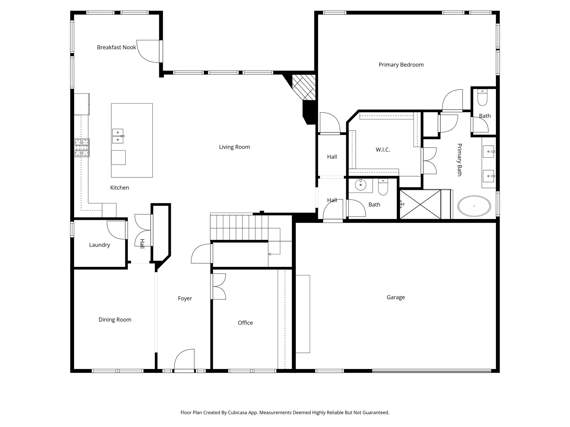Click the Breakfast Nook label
pos(116,48)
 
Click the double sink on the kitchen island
pos(118,136)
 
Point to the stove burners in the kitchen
pos(82,148)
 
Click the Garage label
pos(395,297)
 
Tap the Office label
pos(245,323)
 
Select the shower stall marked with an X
pos(420,204)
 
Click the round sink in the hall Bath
pos(361,185)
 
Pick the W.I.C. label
pos(383,150)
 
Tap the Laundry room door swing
pos(116,230)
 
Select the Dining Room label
pos(115,320)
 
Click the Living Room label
pos(234,147)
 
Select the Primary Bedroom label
pos(401,65)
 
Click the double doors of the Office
pos(218,287)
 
